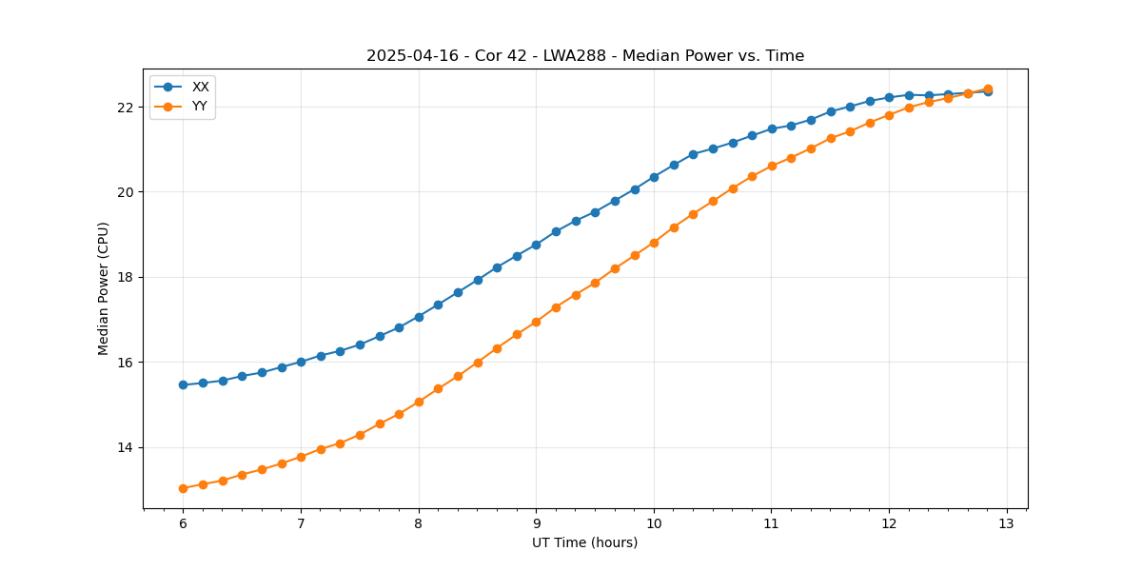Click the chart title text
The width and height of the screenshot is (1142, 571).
585,56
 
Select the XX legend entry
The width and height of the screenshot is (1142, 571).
200,87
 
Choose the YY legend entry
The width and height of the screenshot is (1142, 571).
200,107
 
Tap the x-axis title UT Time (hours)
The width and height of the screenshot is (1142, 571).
585,542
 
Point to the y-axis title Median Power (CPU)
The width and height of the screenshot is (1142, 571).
104,288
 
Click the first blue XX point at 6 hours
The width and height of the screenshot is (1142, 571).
183,384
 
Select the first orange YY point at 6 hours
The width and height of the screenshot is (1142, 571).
183,488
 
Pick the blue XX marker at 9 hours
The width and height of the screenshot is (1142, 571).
536,245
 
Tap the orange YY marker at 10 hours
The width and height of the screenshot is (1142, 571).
654,243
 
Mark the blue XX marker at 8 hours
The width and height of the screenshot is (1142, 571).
419,317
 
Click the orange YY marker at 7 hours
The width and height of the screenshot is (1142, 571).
301,457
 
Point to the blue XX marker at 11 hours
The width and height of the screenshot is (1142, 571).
772,128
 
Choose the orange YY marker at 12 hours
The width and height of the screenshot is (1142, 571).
889,115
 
